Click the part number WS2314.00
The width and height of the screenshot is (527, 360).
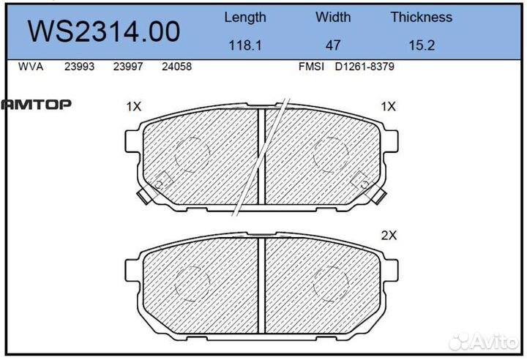click(x=104, y=31)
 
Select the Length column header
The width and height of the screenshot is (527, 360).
click(x=244, y=17)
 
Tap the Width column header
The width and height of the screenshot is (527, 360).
click(x=333, y=17)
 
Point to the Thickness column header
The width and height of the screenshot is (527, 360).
click(x=421, y=17)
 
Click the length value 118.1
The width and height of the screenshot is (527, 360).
click(x=244, y=45)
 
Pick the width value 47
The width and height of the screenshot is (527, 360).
click(x=333, y=45)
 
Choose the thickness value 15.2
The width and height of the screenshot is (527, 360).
click(x=421, y=45)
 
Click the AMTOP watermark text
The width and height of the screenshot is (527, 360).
click(x=36, y=105)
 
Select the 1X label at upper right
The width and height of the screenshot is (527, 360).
click(x=388, y=107)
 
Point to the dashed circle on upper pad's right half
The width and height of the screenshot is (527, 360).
click(x=331, y=154)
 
